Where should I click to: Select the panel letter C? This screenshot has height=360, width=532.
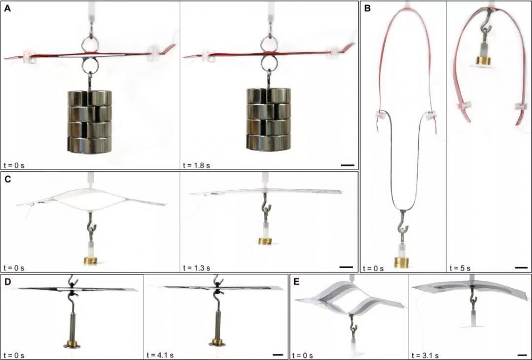point(7,179)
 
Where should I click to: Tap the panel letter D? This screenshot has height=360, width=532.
point(7,282)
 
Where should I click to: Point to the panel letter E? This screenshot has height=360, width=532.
point(297,282)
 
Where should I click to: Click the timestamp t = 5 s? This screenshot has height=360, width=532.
point(460,268)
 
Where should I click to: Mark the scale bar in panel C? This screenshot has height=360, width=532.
point(346,267)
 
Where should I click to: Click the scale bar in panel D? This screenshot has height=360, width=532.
point(278,355)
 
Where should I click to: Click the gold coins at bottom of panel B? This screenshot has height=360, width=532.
point(401,262)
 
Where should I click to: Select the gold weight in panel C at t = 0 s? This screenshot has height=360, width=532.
point(90,261)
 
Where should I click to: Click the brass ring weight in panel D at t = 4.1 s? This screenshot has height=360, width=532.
point(217,341)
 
